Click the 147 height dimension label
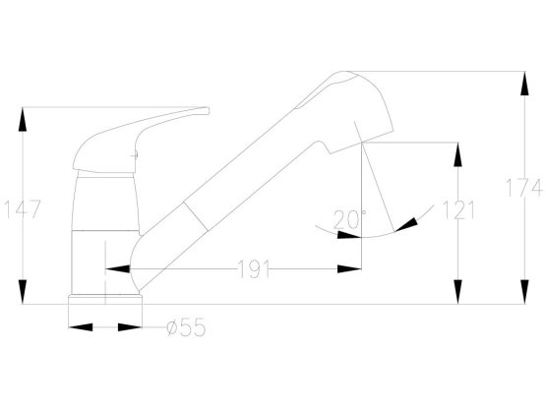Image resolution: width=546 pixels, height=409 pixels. tap(23, 208)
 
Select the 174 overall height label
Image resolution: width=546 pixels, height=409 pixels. tap(524, 188)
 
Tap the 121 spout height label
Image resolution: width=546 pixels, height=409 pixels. tap(458, 209)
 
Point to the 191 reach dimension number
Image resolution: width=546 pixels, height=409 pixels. tap(254, 269)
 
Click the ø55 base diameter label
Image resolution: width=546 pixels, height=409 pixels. tap(186, 327)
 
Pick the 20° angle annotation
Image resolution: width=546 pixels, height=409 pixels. tap(349, 219)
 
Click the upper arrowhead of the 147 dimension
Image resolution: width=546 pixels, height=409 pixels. tap(23, 119)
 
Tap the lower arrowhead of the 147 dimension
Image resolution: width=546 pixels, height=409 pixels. tap(23, 292)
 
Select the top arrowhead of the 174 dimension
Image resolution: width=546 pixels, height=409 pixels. tap(524, 84)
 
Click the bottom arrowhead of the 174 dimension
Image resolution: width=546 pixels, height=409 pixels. tap(524, 292)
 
